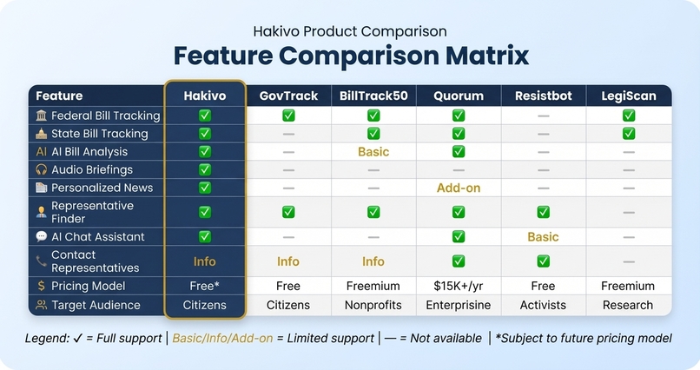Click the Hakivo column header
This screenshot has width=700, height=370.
[205, 96]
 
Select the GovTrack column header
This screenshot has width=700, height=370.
[288, 96]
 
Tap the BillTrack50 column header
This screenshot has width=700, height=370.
[373, 96]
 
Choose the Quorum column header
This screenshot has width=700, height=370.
[458, 96]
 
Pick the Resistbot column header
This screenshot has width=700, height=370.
[543, 96]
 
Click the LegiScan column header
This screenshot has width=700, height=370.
[628, 96]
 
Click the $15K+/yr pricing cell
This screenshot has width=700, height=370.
[458, 286]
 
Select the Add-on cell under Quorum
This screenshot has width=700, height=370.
[458, 188]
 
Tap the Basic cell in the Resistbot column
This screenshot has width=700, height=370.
[543, 236]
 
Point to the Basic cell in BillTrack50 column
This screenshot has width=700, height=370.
[373, 152]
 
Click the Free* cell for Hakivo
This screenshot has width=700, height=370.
[205, 286]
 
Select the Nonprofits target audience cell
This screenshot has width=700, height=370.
[373, 305]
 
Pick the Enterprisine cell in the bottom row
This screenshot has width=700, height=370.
[458, 305]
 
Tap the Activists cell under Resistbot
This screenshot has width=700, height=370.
[543, 305]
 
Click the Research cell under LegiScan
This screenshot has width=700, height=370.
[628, 305]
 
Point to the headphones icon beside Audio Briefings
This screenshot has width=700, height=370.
[42, 169]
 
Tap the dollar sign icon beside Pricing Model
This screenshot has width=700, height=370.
[42, 286]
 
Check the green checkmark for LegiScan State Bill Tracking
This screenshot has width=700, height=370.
[628, 134]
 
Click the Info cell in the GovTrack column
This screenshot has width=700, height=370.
[288, 261]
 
